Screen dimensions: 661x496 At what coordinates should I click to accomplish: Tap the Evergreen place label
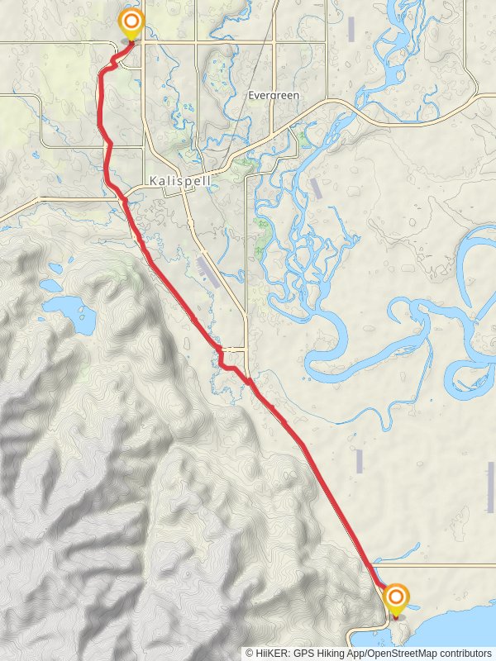[x=274, y=96]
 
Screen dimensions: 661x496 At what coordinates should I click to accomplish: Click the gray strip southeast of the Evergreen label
[x=316, y=188]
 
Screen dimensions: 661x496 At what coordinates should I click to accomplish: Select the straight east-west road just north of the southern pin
[x=438, y=567]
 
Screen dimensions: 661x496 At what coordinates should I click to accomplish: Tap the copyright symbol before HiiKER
[x=250, y=653]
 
